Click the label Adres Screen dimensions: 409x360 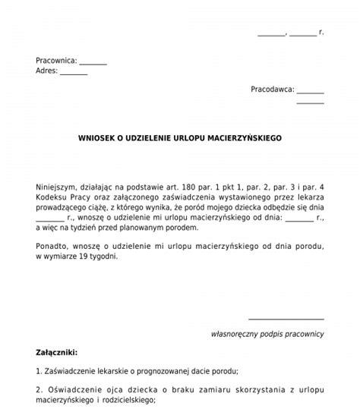(46, 71)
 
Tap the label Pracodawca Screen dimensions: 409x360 (272, 90)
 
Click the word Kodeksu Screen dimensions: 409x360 (51, 197)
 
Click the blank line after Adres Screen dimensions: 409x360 (74, 73)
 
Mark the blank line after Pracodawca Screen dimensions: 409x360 (311, 91)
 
